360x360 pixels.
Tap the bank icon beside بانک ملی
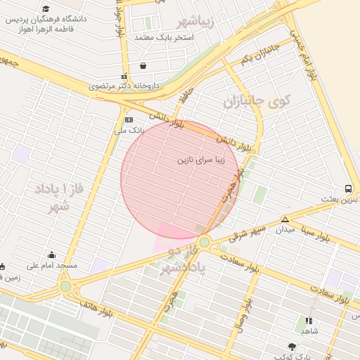coord(129,120)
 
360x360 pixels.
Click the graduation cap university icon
coord(46,9)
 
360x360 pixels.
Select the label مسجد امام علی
coord(51,266)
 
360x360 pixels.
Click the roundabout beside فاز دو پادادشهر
coord(204,243)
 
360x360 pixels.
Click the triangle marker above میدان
coord(285,219)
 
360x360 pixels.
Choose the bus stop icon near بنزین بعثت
coord(349,188)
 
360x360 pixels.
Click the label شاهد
coord(309,330)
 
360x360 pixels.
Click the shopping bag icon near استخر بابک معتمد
coord(143,66)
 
